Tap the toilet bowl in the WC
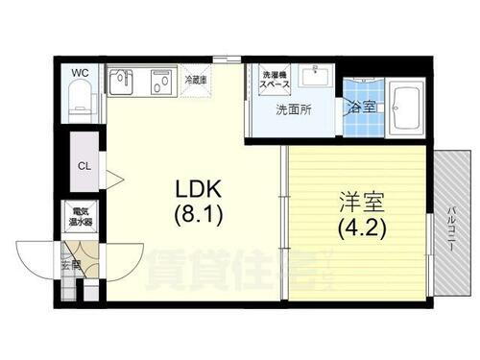(x=81, y=100)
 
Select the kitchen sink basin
(x=125, y=81)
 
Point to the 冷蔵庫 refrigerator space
(x=196, y=82)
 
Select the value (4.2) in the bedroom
(x=359, y=229)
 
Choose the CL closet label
(x=84, y=164)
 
